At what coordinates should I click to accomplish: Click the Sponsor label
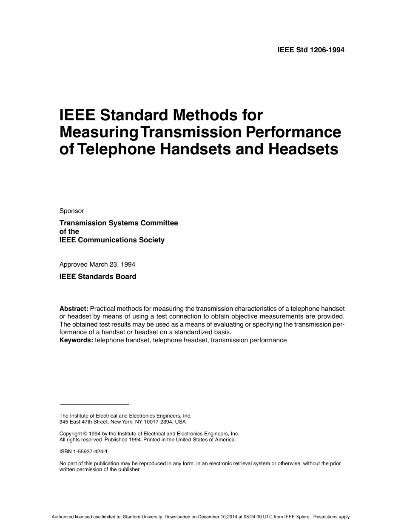coord(71,211)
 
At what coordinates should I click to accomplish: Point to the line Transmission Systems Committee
coord(119,223)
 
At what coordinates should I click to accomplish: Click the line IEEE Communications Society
coord(112,240)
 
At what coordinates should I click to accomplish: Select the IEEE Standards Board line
coord(98,276)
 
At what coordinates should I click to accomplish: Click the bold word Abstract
coord(74,308)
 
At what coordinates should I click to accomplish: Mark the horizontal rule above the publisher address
coord(94,404)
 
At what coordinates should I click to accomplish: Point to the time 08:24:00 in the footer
coord(256,517)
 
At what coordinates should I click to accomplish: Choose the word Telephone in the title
coord(113,149)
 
